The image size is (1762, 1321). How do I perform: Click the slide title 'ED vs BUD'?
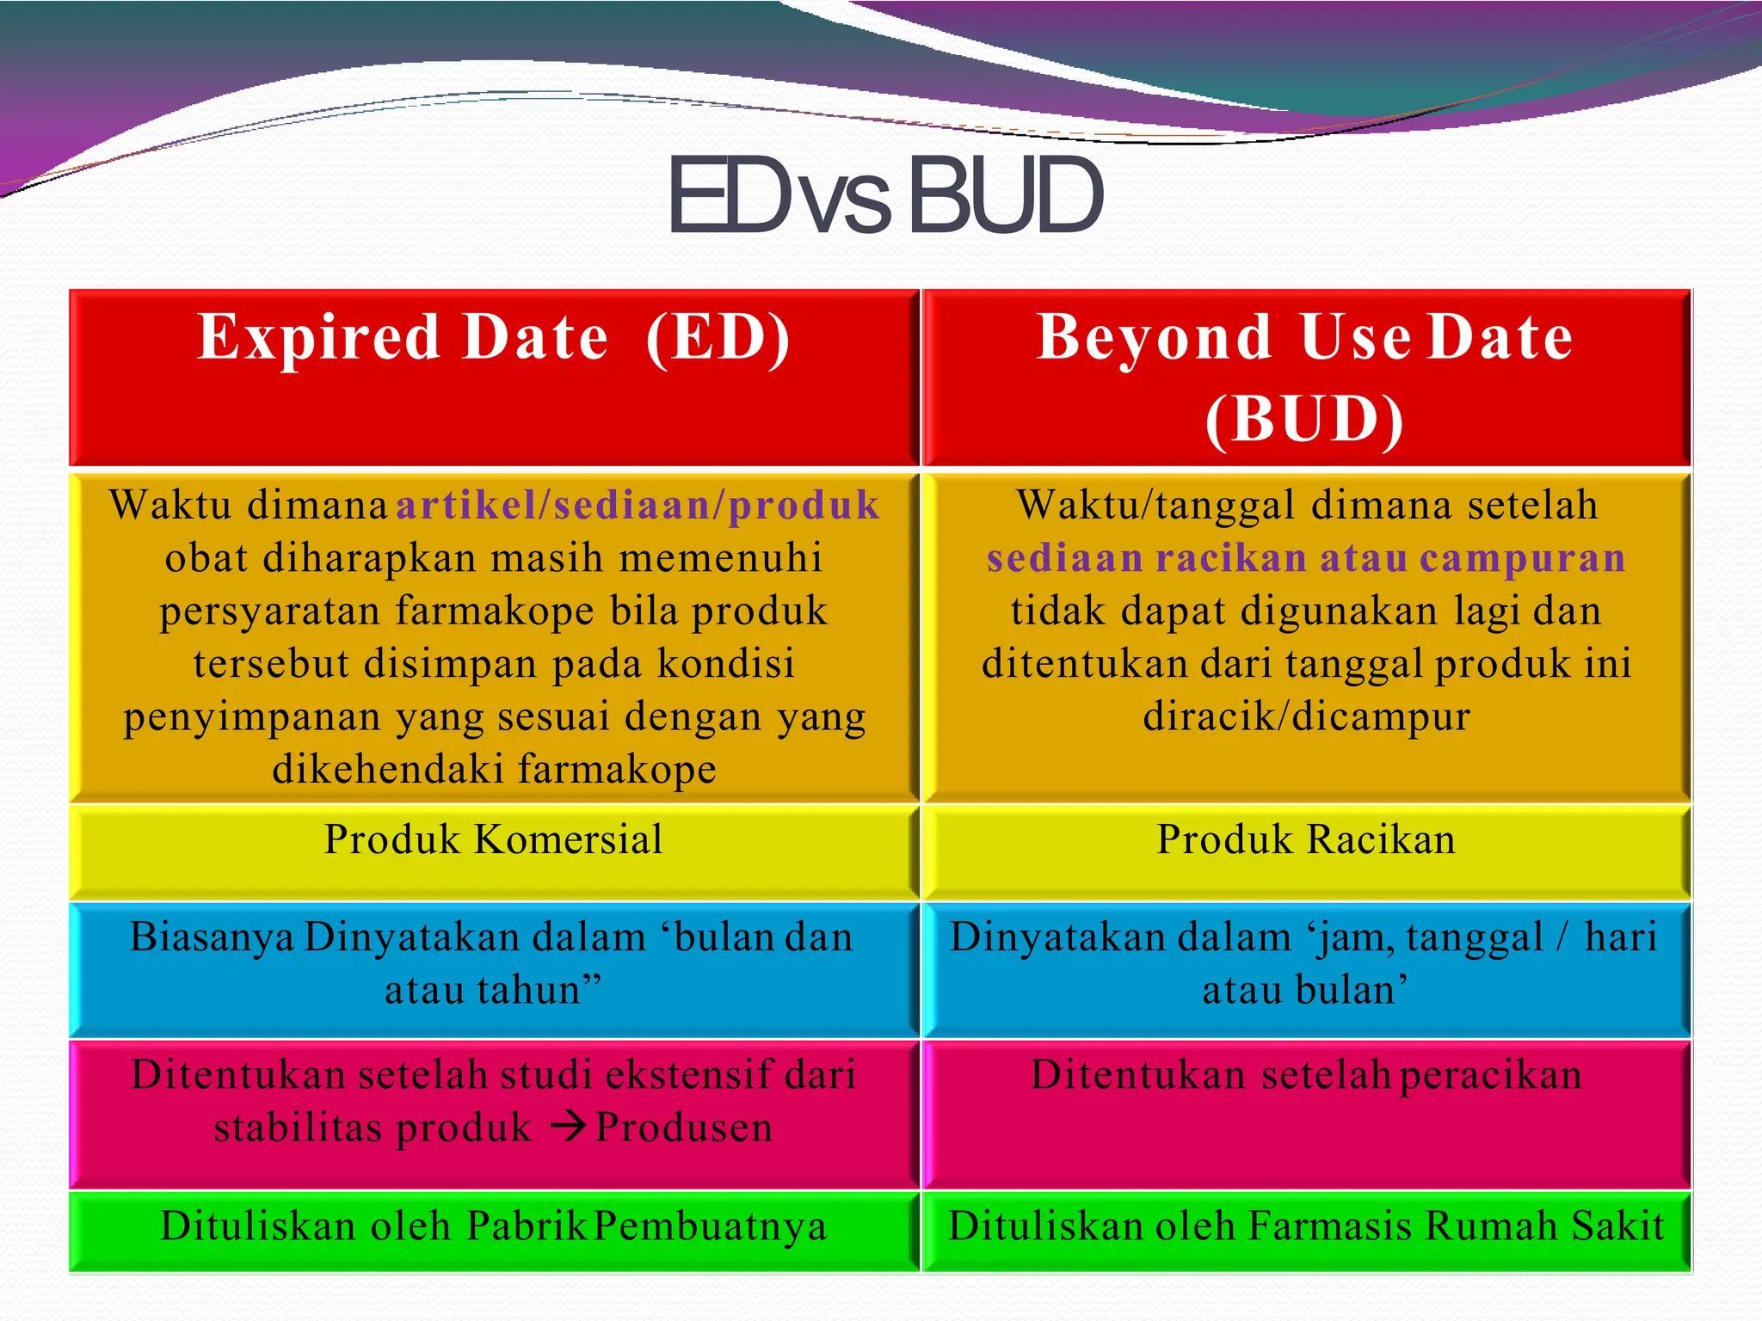click(x=884, y=196)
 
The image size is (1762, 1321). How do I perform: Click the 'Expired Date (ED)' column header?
click(x=494, y=337)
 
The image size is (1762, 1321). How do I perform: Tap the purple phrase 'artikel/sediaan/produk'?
click(x=638, y=505)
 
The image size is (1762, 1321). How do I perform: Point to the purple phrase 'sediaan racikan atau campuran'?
click(x=1306, y=558)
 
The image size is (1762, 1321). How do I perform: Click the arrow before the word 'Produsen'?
click(x=568, y=1126)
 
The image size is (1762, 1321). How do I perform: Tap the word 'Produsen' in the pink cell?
click(x=684, y=1127)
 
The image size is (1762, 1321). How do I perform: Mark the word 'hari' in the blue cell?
click(x=1620, y=937)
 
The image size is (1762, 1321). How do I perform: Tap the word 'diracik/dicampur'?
click(x=1306, y=716)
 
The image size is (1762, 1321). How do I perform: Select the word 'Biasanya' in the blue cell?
click(x=212, y=937)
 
